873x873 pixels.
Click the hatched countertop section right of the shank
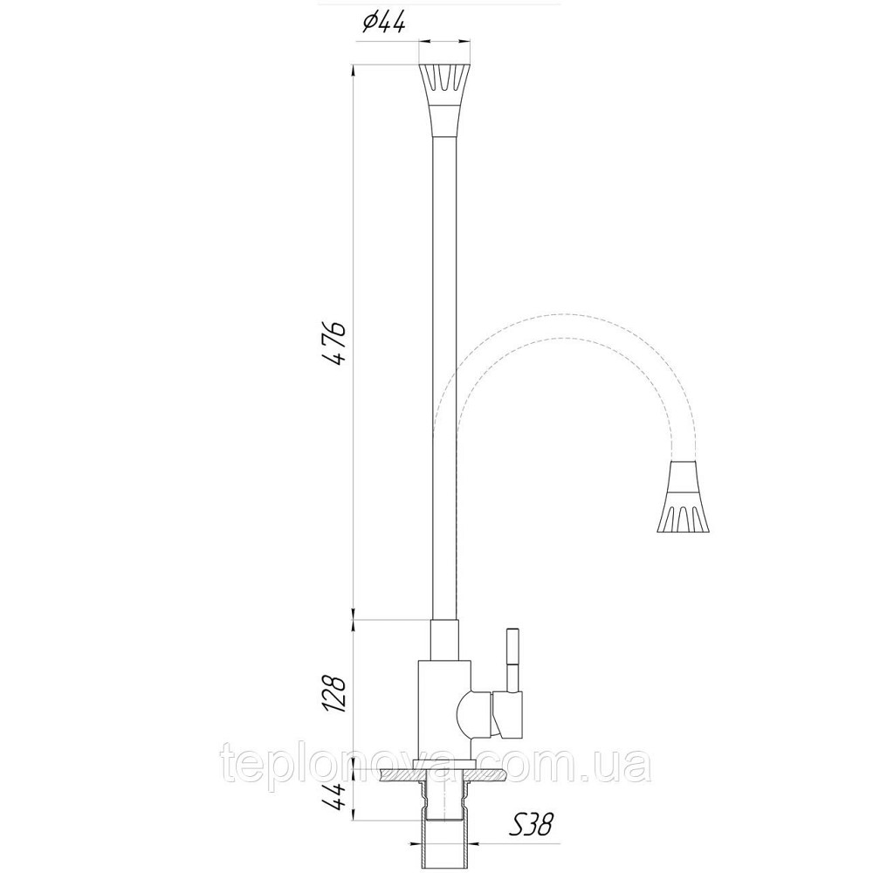pos(489,773)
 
